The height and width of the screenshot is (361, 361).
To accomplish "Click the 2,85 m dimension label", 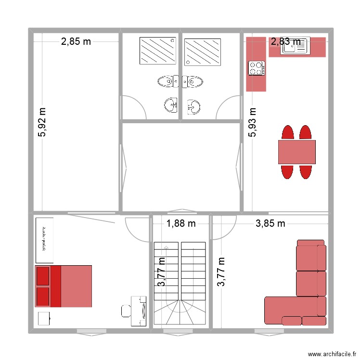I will point(76,41).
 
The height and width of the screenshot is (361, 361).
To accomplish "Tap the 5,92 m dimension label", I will point(43,122).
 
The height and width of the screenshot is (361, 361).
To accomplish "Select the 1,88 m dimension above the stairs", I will point(181,223).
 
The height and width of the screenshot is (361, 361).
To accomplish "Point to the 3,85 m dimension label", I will point(270,223).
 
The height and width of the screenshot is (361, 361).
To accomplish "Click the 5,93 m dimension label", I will point(252,122).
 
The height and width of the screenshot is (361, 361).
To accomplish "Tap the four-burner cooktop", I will point(256,68).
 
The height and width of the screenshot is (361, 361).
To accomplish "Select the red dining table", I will point(297,152).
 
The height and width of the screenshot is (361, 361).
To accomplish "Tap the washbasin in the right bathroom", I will point(193,106).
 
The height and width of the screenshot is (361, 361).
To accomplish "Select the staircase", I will point(180,284).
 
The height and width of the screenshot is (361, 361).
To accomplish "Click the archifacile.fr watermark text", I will point(332,352).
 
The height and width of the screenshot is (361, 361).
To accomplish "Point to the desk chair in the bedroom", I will point(126,311).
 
